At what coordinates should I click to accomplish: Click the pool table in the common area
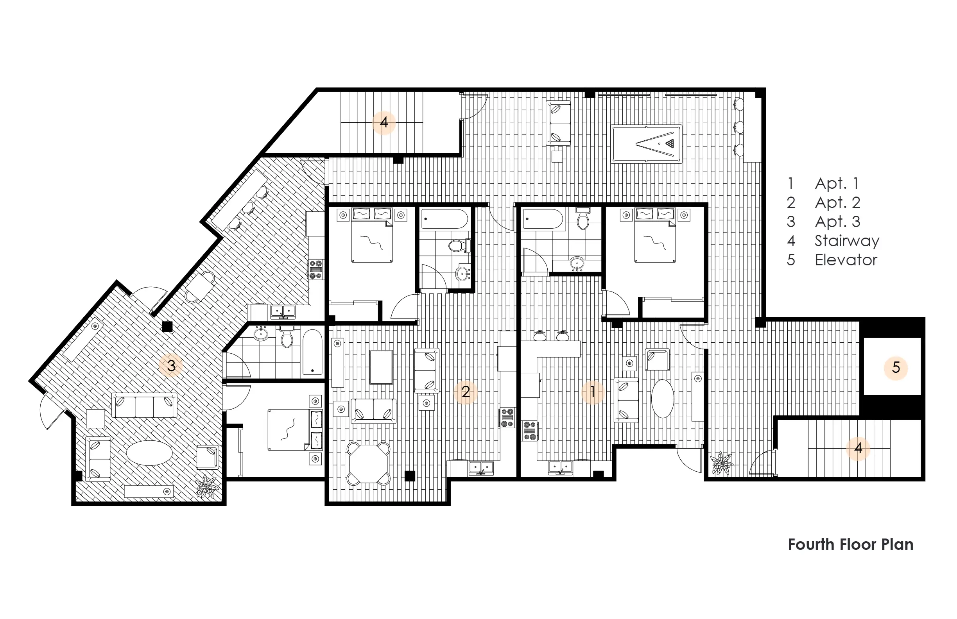(646, 144)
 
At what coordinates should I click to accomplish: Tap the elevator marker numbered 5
(896, 367)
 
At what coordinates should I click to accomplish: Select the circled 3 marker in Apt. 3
(171, 365)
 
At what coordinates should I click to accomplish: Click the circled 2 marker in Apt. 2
(466, 392)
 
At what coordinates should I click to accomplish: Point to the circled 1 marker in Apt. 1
(592, 392)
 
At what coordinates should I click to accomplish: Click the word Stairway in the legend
(847, 241)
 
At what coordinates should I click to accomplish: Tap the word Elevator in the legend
(846, 260)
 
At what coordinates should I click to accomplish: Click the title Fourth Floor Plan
(850, 545)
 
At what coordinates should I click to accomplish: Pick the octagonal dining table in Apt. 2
(369, 463)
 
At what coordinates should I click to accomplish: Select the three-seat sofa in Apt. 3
(144, 406)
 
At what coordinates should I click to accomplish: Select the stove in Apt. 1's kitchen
(530, 431)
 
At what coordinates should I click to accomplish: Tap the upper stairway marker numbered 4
(384, 122)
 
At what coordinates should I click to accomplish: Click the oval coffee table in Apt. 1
(662, 399)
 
